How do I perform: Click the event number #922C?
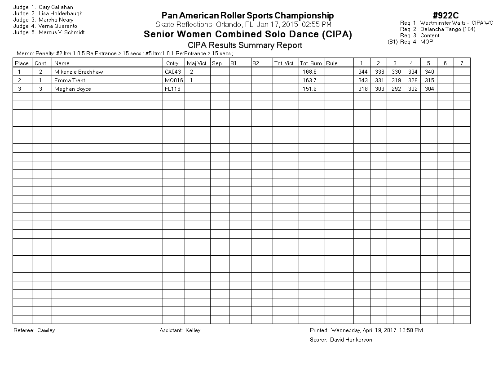[445, 16]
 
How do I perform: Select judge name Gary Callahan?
[56, 7]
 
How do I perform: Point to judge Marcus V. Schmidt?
[62, 32]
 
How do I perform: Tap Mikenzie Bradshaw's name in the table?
[79, 71]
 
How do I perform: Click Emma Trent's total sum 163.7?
[309, 80]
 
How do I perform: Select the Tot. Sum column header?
[311, 63]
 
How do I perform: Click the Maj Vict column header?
[197, 63]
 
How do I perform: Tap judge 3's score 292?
[395, 89]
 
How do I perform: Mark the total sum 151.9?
[309, 89]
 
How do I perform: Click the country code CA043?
[172, 71]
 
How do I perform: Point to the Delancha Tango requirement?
[447, 29]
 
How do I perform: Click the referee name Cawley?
[46, 330]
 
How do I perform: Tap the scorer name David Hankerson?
[351, 340]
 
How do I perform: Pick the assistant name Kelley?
[193, 330]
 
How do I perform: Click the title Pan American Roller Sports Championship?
[247, 16]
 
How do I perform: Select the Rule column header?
[332, 63]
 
